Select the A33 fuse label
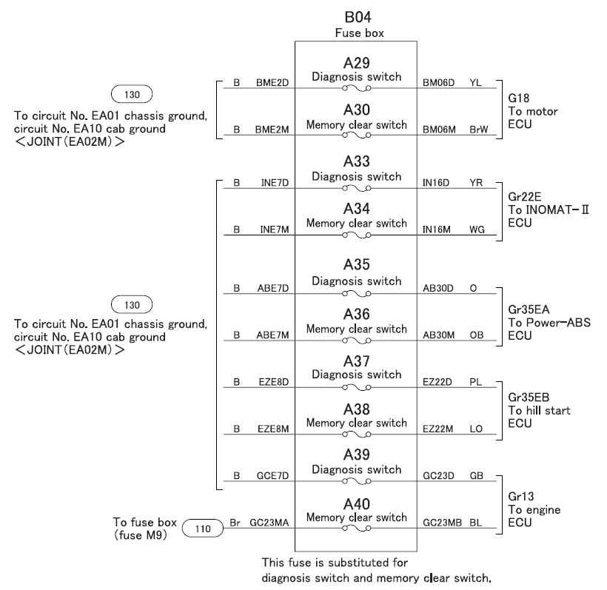(356, 162)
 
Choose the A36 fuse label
(356, 314)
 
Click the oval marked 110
(200, 529)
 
